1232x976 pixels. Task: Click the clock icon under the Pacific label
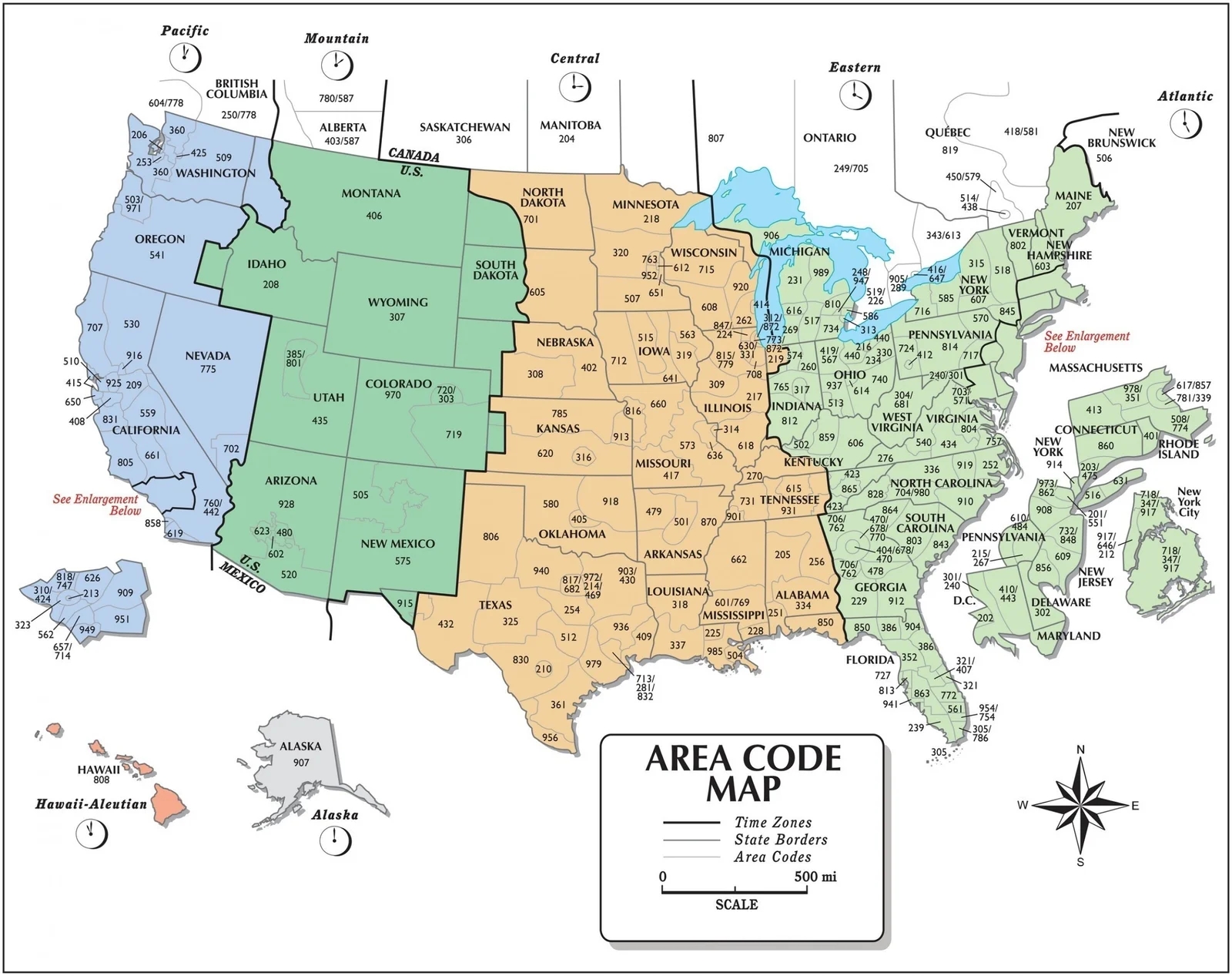point(185,57)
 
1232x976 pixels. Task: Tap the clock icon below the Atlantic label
point(1186,123)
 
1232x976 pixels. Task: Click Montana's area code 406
point(373,216)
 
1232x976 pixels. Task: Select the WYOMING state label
point(397,302)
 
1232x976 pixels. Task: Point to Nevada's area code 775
point(208,369)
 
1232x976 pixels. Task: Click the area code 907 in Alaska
point(301,763)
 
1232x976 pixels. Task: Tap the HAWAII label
point(99,769)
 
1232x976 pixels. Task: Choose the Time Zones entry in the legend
point(772,823)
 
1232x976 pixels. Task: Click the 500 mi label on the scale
point(815,877)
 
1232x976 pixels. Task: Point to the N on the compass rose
point(1080,750)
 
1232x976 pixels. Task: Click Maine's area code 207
point(1073,206)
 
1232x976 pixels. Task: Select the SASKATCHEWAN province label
point(464,127)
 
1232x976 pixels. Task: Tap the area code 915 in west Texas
point(405,603)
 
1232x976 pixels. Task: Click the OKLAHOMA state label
point(571,534)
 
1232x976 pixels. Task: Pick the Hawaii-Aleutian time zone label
point(91,804)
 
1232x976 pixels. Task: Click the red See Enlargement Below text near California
point(95,505)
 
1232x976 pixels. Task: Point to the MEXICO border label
point(243,578)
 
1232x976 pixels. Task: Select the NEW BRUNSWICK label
point(1121,138)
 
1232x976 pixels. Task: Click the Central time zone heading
point(574,59)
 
